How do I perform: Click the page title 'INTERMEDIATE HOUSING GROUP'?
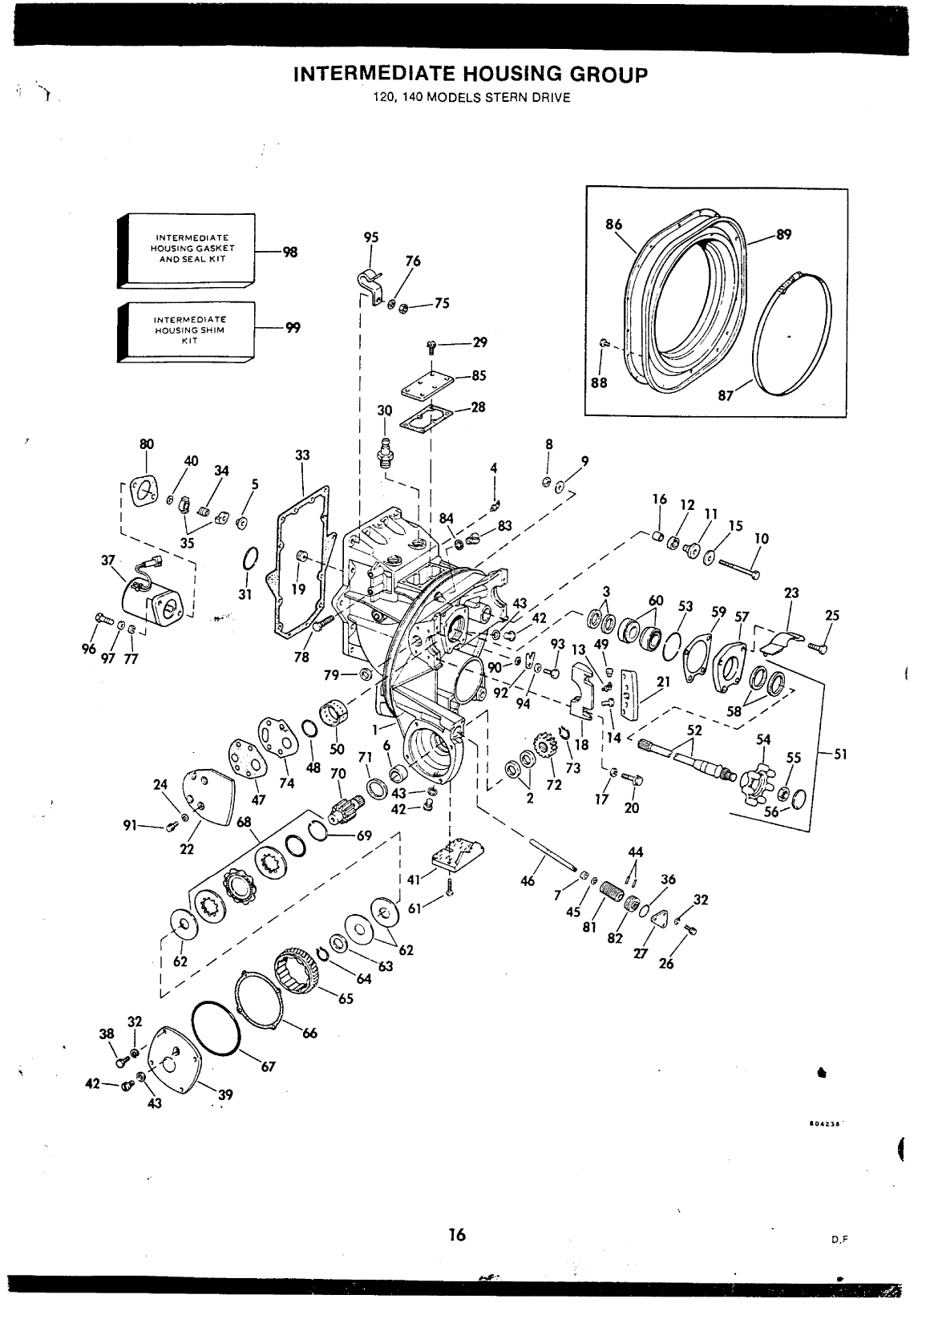point(471,75)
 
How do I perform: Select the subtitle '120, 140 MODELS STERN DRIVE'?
point(471,98)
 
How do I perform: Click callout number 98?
point(290,252)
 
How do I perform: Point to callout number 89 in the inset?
point(783,234)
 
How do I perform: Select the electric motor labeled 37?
point(152,595)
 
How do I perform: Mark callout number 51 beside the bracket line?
point(840,755)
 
